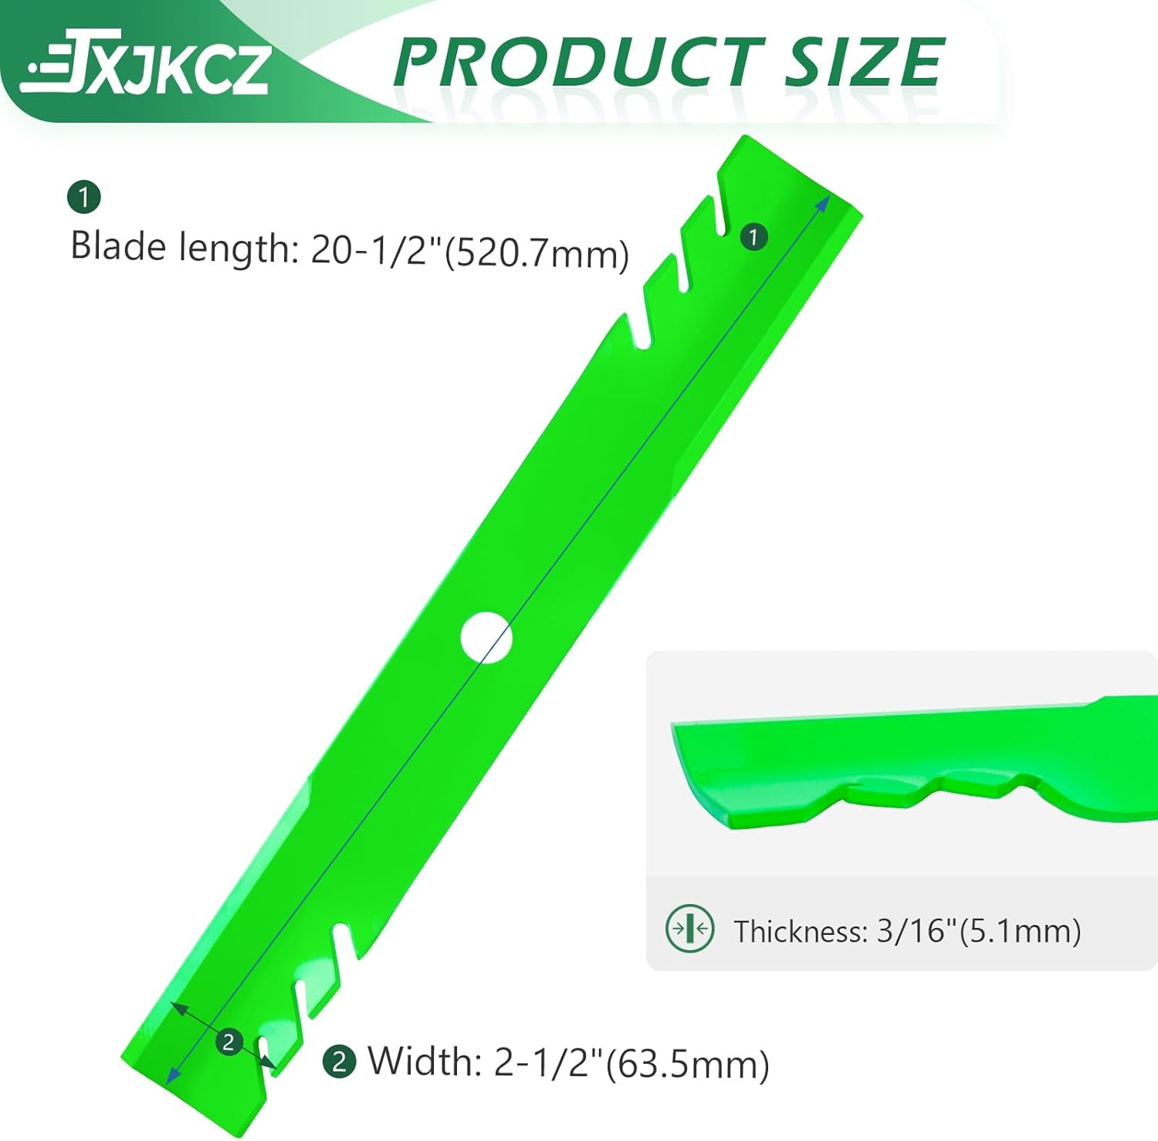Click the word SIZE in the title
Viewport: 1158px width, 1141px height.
(x=865, y=63)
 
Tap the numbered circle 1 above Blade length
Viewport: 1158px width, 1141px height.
(x=84, y=197)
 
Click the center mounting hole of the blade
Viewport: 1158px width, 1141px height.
(x=486, y=638)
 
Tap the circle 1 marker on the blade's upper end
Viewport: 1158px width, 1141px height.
(x=753, y=236)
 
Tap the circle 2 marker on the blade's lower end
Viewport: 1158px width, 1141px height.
(x=229, y=1042)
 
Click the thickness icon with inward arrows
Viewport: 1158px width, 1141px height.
(x=689, y=928)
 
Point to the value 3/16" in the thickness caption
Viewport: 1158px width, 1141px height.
(x=916, y=931)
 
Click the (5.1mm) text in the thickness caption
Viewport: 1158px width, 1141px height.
(x=1019, y=931)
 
